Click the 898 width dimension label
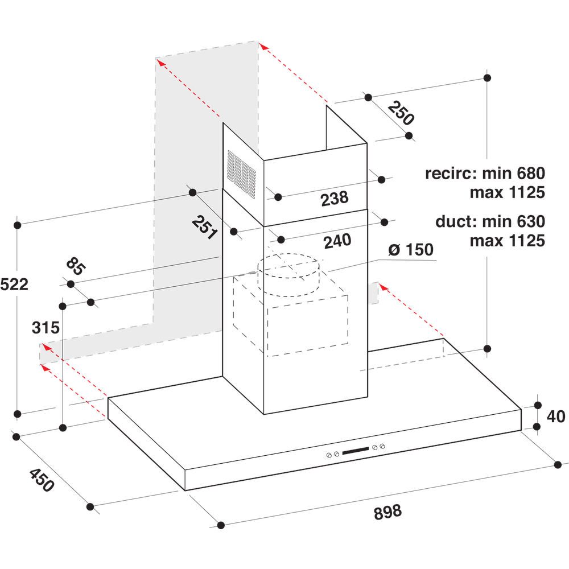[x=388, y=511]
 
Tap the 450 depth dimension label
[x=42, y=464]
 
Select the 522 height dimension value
[x=14, y=284]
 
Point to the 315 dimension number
[x=46, y=328]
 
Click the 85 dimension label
[x=75, y=266]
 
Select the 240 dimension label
[x=337, y=241]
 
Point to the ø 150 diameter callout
[x=410, y=250]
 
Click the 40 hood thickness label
[x=555, y=417]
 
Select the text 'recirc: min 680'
[x=485, y=173]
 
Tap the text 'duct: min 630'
[x=490, y=221]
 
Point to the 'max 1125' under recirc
[x=507, y=192]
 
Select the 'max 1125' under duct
[x=507, y=241]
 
